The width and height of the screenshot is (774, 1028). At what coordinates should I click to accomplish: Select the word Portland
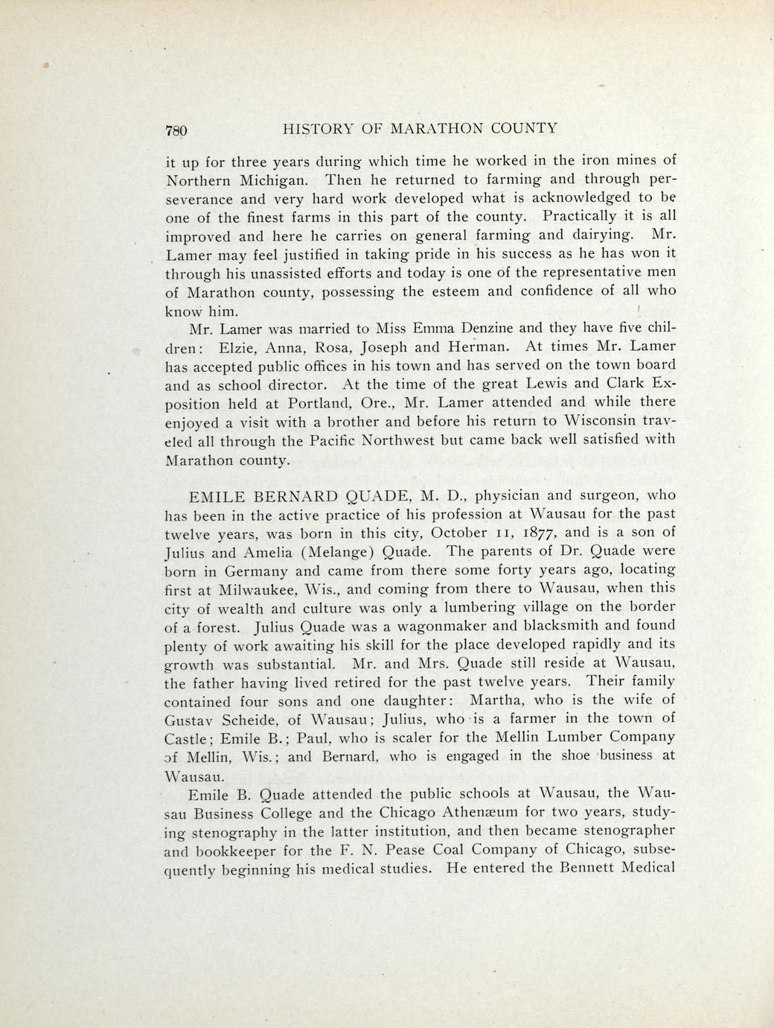pyautogui.click(x=295, y=404)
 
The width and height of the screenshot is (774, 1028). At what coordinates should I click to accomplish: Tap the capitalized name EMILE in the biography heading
pyautogui.click(x=216, y=495)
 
